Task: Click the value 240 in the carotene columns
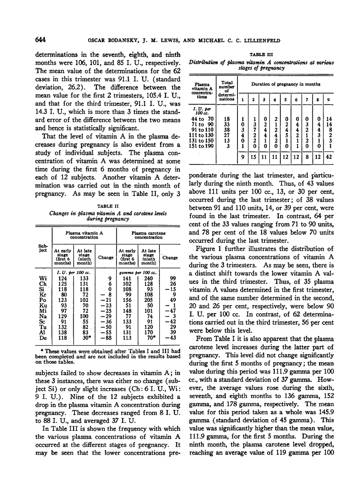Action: pyautogui.click(x=147, y=278)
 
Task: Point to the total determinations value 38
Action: pyautogui.click(x=227, y=130)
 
